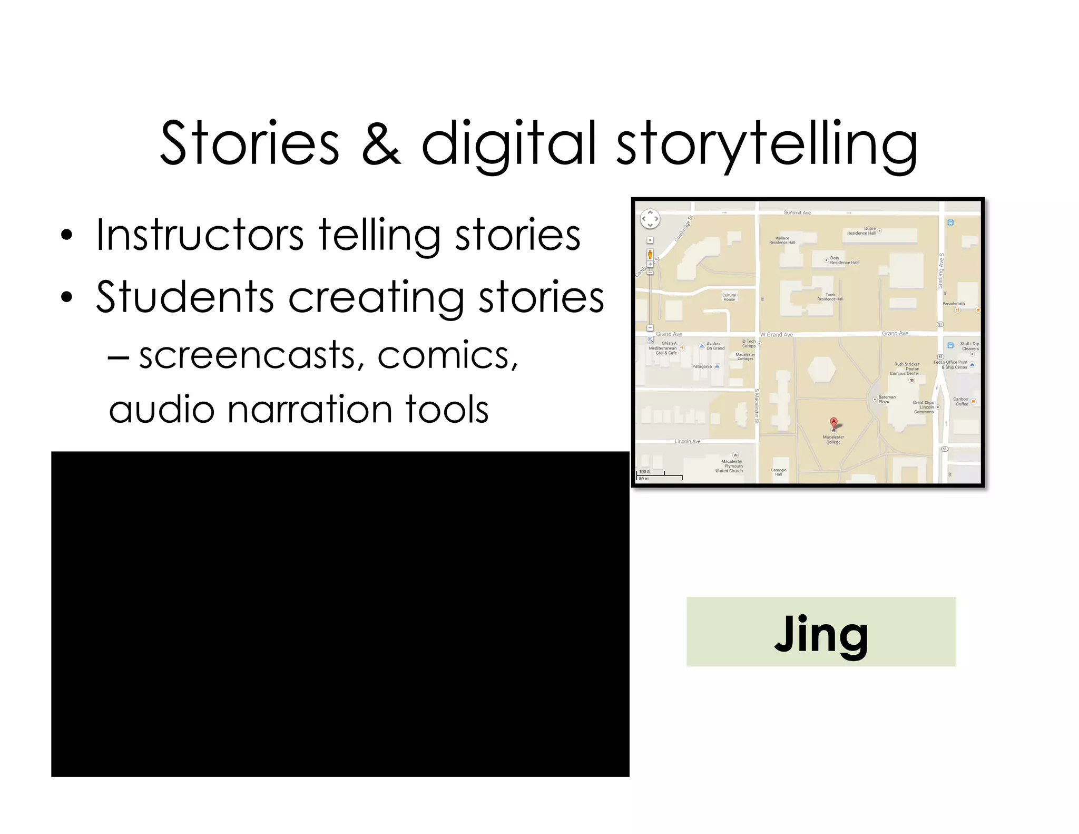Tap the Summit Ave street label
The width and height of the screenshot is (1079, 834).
[797, 213]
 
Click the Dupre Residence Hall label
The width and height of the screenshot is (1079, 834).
[862, 231]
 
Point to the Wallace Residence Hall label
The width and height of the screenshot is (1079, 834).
[782, 240]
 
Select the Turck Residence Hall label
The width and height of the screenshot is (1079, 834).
[830, 297]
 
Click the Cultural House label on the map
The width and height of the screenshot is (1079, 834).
[729, 297]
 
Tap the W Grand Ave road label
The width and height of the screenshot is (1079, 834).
[777, 335]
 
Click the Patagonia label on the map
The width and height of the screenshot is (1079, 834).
[702, 366]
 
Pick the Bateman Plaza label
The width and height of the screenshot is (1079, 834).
[887, 400]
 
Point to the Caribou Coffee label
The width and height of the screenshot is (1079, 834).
[962, 402]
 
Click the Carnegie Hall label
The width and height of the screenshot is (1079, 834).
[779, 472]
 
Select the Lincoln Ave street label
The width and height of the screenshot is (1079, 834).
[688, 441]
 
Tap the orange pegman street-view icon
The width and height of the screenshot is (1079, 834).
[650, 255]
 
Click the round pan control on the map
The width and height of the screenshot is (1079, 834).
[650, 219]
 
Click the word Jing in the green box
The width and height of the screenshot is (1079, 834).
[821, 634]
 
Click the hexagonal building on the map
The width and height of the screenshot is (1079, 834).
[821, 370]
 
